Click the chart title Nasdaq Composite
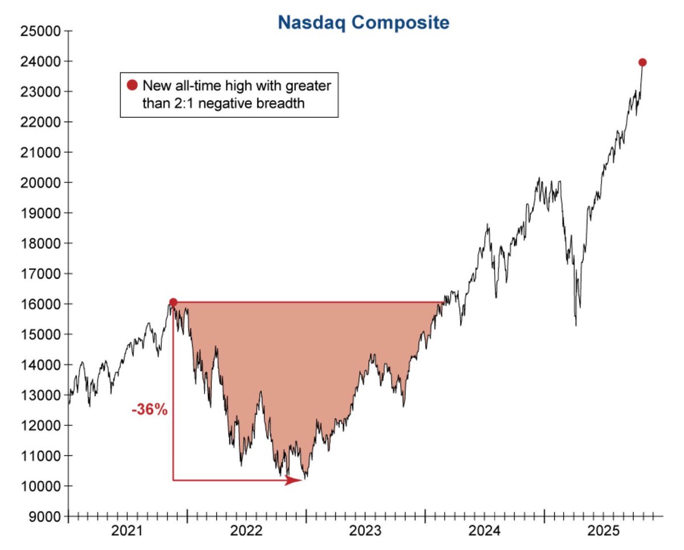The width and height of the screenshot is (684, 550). (x=364, y=23)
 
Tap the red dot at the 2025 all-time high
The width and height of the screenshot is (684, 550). (x=642, y=62)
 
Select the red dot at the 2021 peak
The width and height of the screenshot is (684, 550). (x=173, y=302)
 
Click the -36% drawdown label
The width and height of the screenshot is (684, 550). (x=149, y=410)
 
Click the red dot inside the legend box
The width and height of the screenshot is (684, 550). (x=132, y=86)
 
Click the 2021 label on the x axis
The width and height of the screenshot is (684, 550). (x=128, y=532)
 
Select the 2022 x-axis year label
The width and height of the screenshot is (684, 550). (x=247, y=532)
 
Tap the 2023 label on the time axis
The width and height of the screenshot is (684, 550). (x=365, y=532)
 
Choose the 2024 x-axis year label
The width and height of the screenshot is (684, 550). (x=484, y=532)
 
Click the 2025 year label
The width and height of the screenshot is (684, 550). (x=603, y=532)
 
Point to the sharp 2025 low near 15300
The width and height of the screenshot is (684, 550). (x=576, y=325)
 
